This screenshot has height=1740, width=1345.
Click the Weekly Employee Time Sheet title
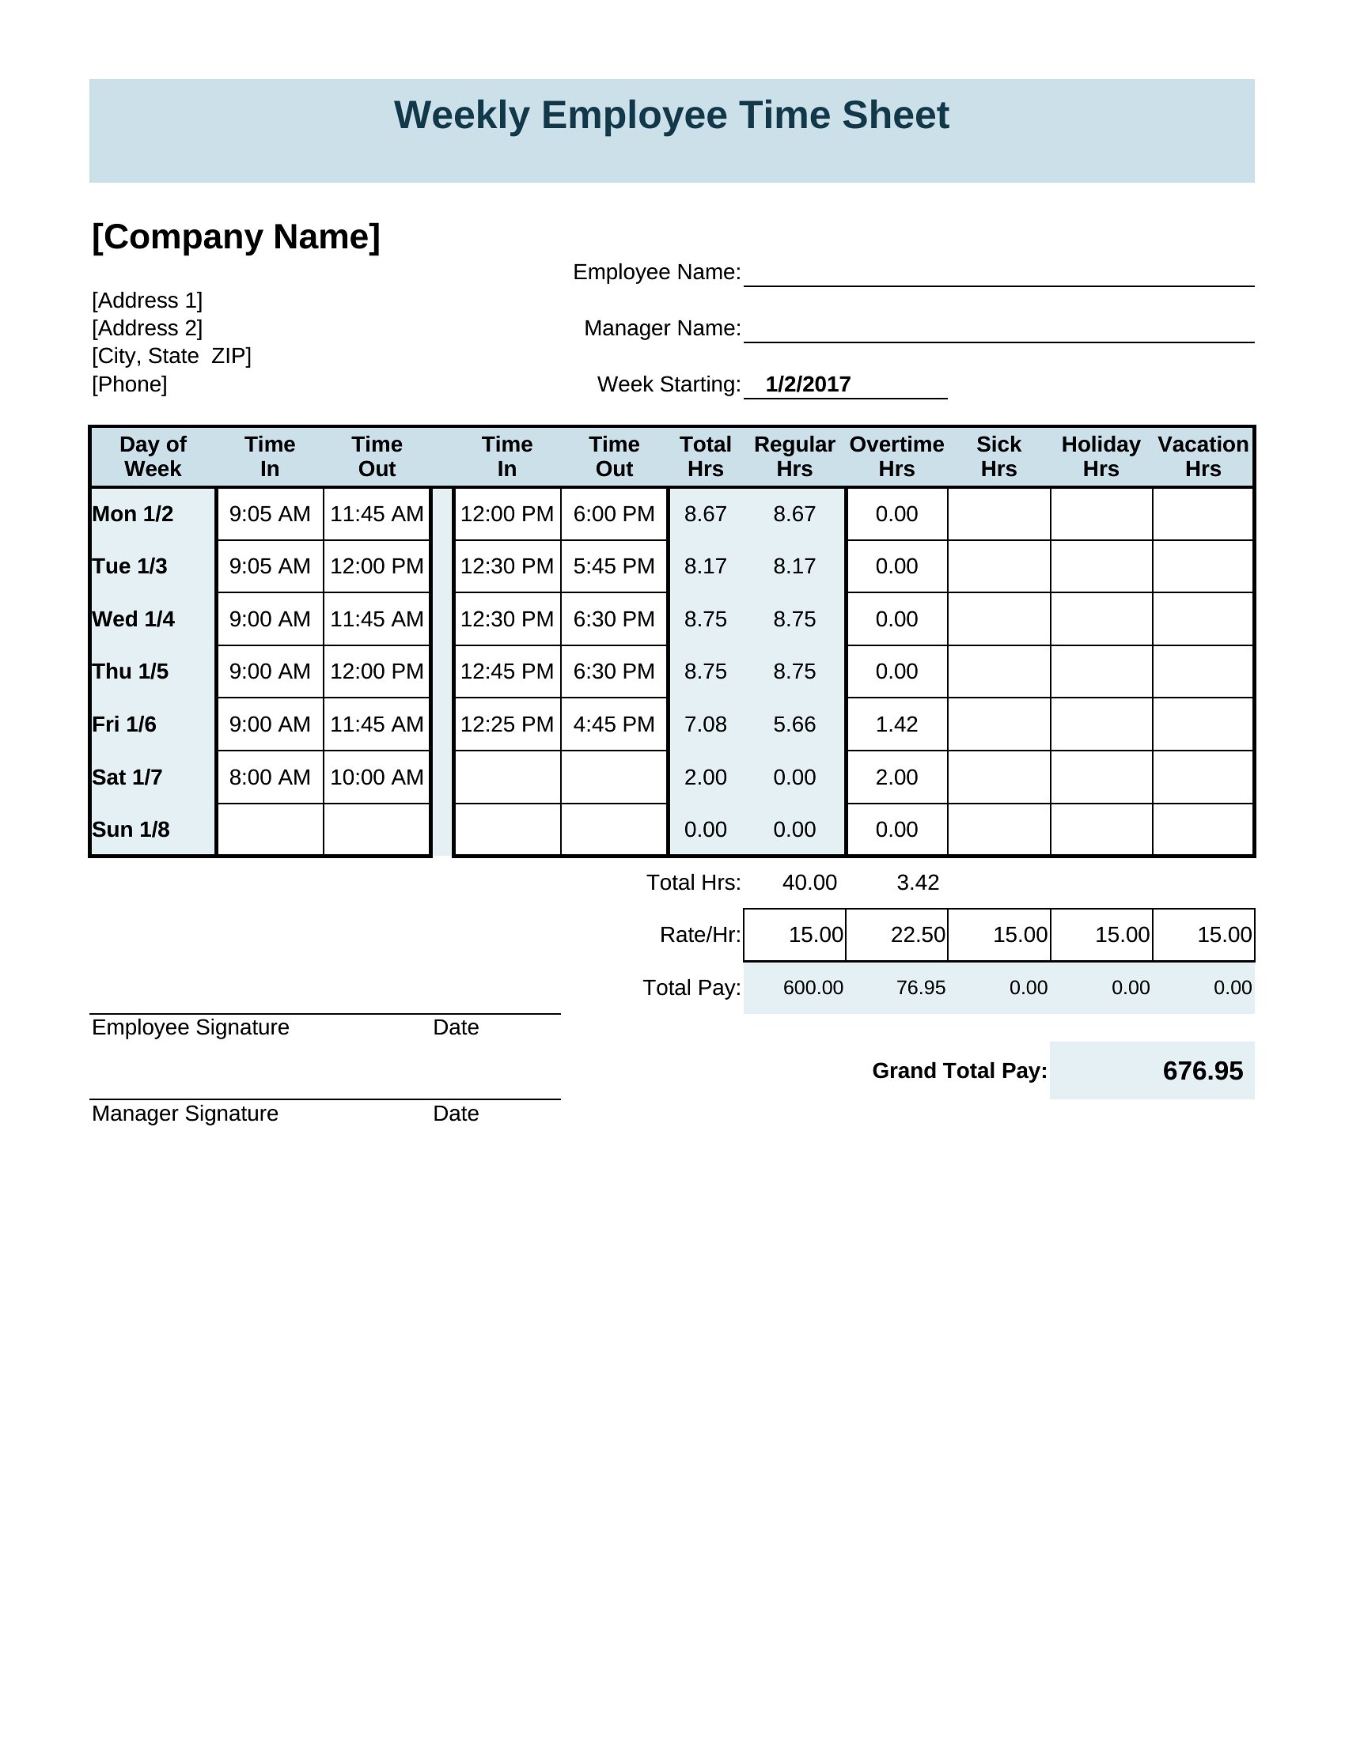point(671,115)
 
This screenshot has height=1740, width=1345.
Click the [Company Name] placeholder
point(236,236)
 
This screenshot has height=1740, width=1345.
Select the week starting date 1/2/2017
point(807,384)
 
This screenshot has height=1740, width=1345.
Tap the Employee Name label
point(657,273)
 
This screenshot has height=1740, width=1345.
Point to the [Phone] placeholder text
point(129,384)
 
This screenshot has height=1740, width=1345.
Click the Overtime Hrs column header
point(896,456)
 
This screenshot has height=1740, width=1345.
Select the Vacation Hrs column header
point(1203,456)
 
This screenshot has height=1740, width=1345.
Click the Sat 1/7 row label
point(127,777)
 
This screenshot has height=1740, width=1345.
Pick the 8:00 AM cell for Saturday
point(269,777)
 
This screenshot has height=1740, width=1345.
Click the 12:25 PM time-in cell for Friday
point(507,724)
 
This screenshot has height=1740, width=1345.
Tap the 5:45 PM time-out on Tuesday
point(613,566)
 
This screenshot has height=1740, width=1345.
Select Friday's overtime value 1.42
point(896,724)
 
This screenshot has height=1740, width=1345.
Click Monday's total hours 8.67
point(705,514)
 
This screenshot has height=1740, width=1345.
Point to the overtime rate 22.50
point(917,935)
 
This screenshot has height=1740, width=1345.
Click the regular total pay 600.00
point(813,988)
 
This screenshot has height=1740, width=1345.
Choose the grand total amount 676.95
point(1203,1071)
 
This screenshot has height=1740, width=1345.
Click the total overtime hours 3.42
point(917,883)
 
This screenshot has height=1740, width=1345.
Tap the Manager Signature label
point(185,1114)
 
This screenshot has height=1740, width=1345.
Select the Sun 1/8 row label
point(131,830)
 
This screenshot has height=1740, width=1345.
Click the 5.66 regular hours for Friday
point(794,724)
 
